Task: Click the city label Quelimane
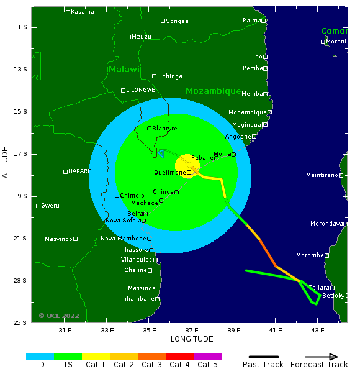click(169, 172)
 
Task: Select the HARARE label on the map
click(79, 171)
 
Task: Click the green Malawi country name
click(124, 70)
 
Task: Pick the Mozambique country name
click(213, 91)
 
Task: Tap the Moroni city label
click(336, 42)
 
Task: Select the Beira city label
click(135, 214)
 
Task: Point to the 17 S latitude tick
click(21, 154)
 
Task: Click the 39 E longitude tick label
click(234, 331)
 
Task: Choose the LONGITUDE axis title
click(192, 339)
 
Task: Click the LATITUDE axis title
click(6, 164)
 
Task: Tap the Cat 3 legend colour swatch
click(151, 357)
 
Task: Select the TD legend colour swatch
click(40, 357)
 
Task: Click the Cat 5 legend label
click(207, 365)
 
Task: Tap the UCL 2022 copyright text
click(59, 316)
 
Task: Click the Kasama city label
click(83, 12)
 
